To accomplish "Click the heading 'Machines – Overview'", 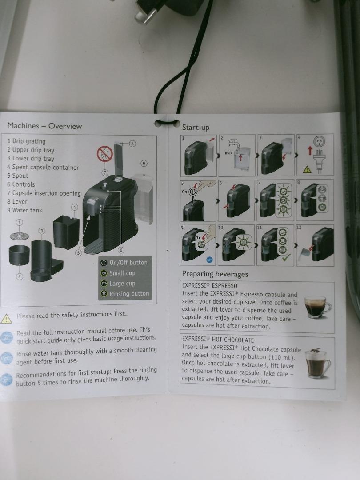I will pos(44,126).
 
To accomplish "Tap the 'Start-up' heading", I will pos(196,128).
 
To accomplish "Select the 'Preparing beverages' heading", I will pos(215,274).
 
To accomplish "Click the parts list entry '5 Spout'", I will pos(18,176).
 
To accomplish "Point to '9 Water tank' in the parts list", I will pos(24,210).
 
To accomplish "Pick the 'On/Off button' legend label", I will pos(128,263).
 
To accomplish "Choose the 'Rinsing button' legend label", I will pos(129,294).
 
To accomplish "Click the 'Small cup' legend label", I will pos(122,273).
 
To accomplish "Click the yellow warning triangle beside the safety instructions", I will pos(6,319).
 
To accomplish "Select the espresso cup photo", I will pos(317,306).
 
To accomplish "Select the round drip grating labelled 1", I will pos(19,236).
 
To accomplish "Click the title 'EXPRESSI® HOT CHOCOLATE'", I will pos(218,340).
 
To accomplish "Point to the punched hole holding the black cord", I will pos(160,123).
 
